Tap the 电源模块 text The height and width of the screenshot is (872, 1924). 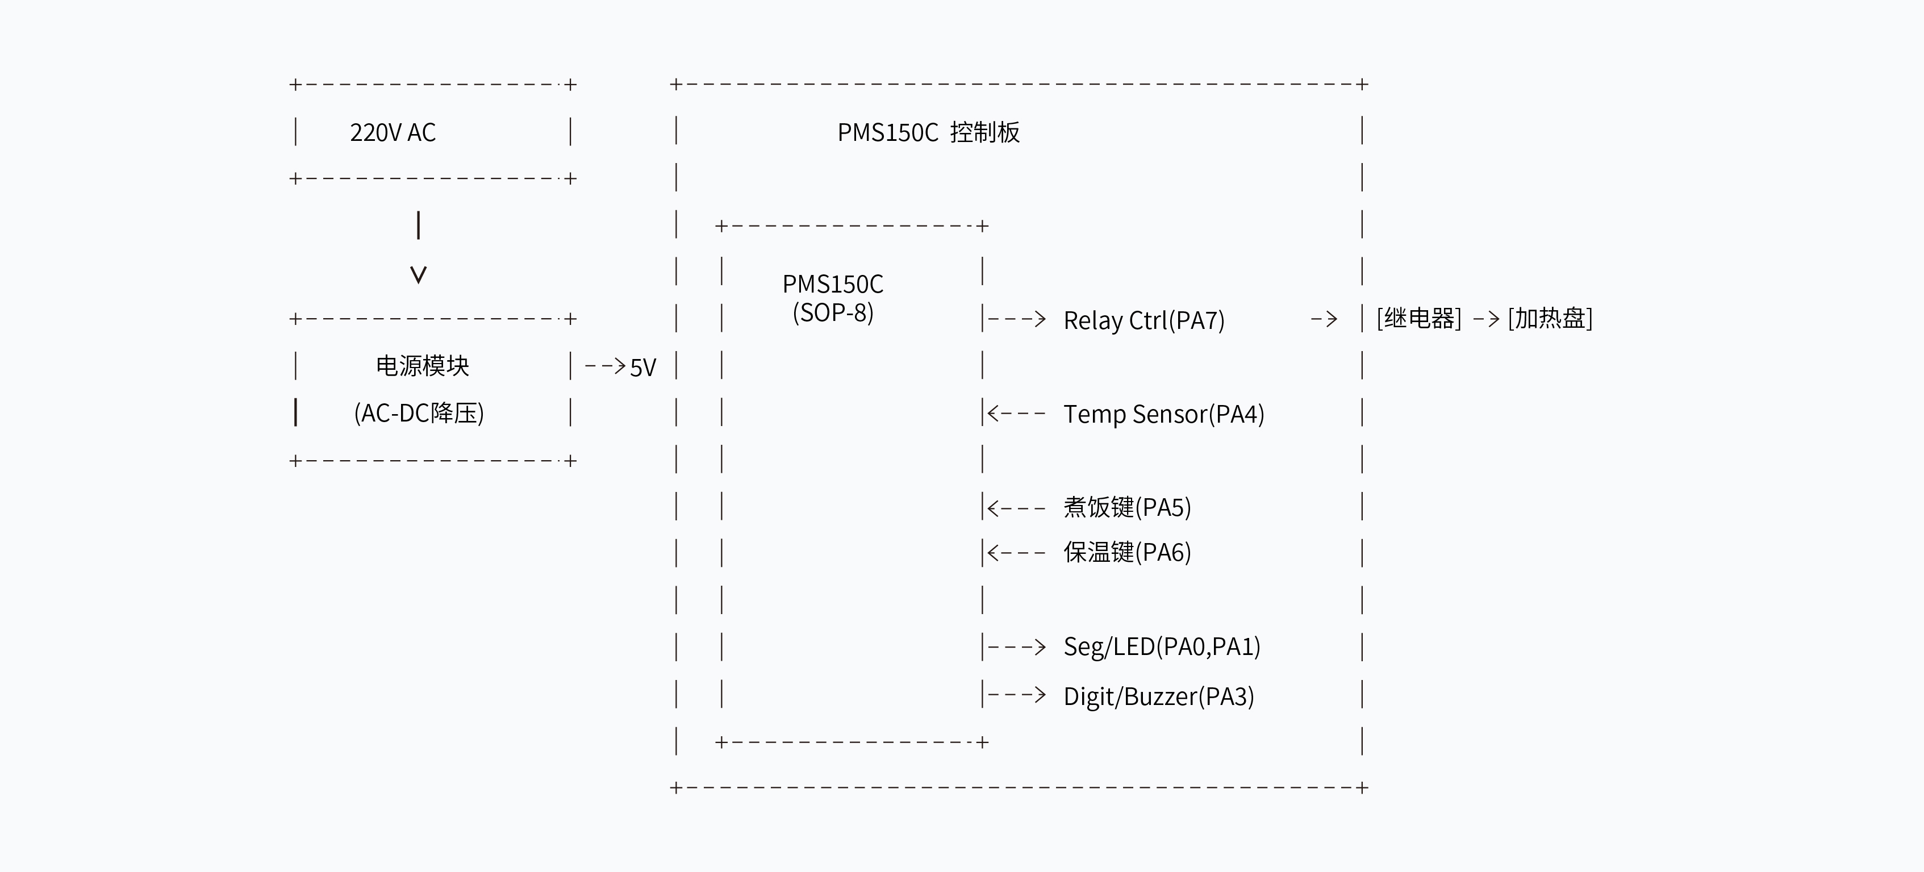click(422, 365)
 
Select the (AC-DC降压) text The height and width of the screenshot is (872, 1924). click(419, 412)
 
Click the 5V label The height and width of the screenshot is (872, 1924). click(642, 368)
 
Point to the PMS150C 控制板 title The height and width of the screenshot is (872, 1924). click(928, 132)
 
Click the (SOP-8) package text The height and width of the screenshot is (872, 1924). click(833, 312)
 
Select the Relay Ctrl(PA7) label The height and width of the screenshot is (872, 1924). click(1143, 320)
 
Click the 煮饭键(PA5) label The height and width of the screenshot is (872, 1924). click(1127, 507)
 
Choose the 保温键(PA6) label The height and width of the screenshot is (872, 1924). click(1127, 552)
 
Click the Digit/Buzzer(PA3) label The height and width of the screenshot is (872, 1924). click(1158, 696)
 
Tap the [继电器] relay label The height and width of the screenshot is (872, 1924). click(1418, 318)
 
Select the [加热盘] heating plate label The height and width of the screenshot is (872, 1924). click(1550, 318)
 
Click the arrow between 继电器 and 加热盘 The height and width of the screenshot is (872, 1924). click(1485, 320)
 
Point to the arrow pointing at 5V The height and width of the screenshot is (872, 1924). click(605, 366)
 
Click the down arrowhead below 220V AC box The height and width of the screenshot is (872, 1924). click(418, 275)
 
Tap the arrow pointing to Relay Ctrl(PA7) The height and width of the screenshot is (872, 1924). click(1016, 320)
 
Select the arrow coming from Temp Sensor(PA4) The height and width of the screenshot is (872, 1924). click(1016, 413)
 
